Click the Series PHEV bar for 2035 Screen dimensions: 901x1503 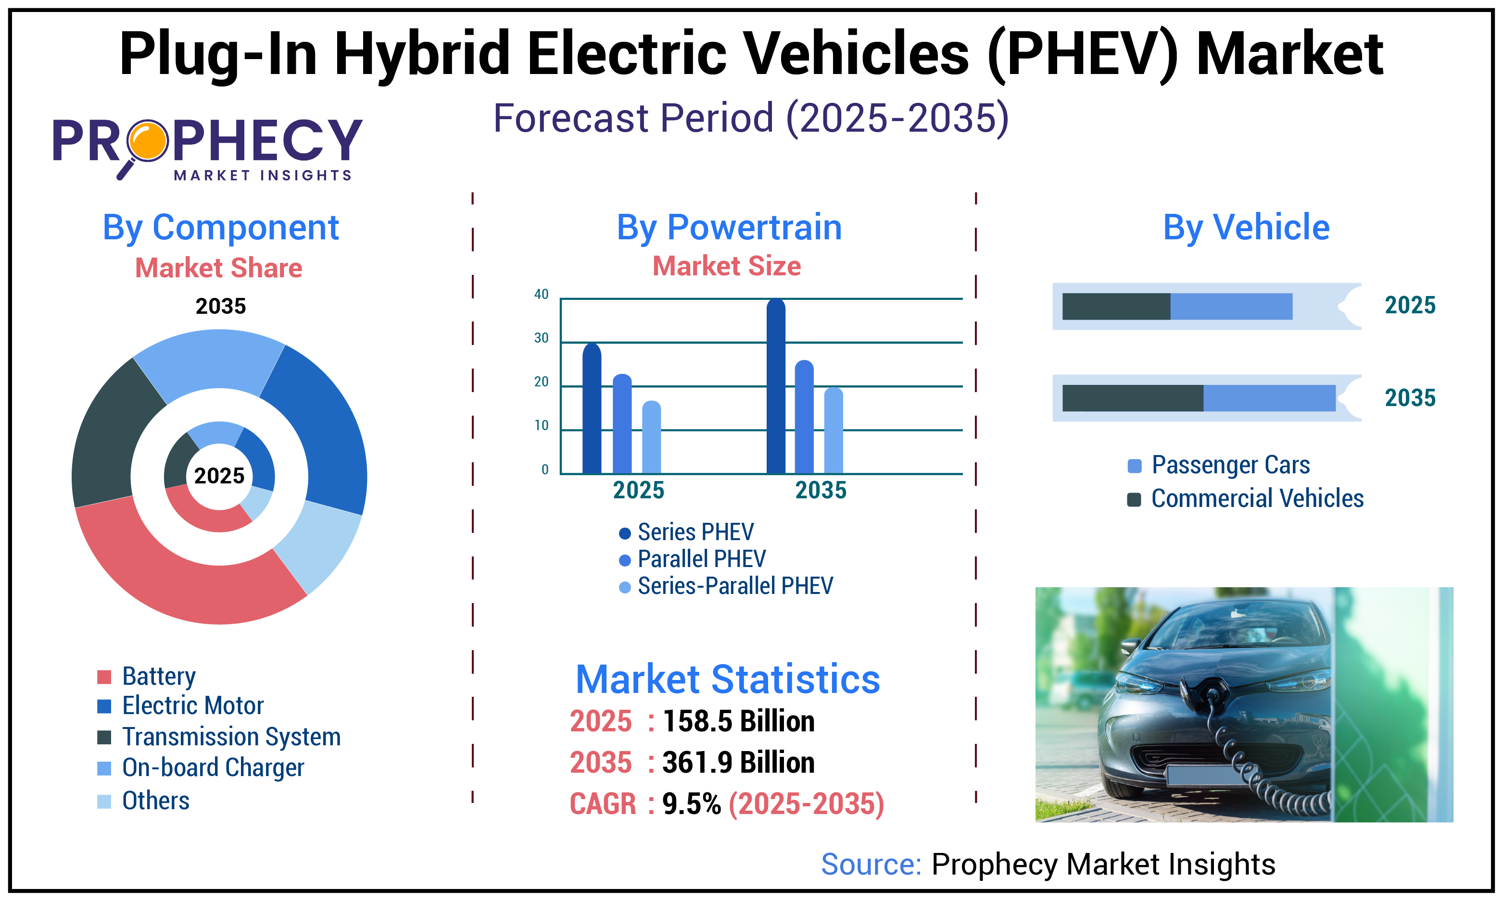(776, 389)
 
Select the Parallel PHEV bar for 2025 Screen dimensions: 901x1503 (622, 425)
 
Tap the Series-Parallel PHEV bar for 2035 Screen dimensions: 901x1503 (834, 431)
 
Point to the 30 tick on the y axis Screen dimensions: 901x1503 (541, 338)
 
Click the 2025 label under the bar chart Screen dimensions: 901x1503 (639, 490)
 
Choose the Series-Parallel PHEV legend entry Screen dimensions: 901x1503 (735, 586)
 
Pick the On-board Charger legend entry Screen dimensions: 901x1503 (213, 768)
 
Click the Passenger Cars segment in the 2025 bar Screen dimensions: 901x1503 (1231, 307)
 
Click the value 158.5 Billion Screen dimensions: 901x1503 (739, 721)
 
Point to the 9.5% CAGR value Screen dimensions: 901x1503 (691, 804)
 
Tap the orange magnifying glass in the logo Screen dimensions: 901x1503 (148, 140)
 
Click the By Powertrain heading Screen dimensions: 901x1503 (729, 228)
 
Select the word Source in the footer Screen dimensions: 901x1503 (871, 864)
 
